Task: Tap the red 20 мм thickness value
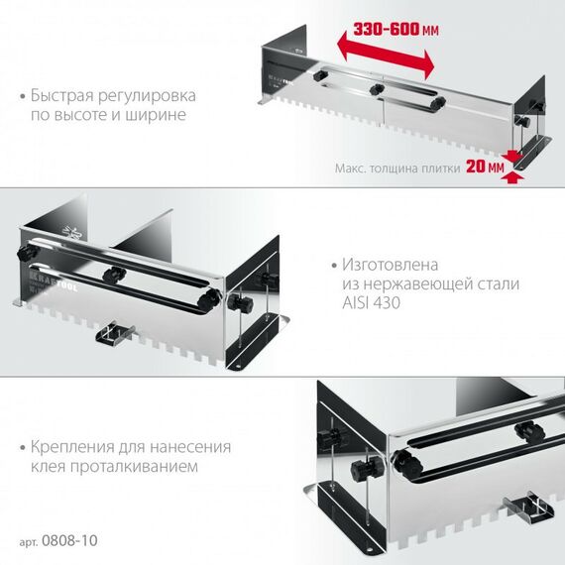tap(483, 168)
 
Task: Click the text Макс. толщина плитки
tap(396, 169)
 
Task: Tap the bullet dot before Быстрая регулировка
tap(23, 97)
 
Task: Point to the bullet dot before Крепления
tap(23, 447)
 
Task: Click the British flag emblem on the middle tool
tap(68, 227)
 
